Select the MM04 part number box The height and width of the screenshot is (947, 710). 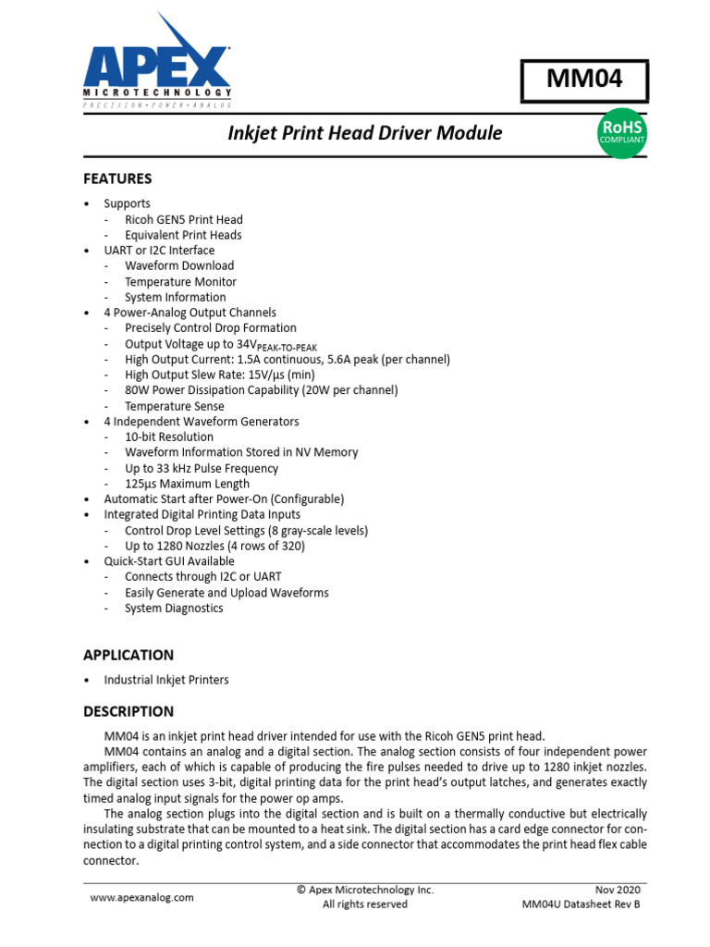[x=584, y=80]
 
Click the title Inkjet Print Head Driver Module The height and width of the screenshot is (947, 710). [x=365, y=133]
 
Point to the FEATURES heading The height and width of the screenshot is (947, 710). [x=117, y=178]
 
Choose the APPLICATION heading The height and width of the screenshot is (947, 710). [x=129, y=655]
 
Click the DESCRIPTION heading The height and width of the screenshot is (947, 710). [x=129, y=711]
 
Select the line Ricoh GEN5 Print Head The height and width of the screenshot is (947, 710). [x=184, y=219]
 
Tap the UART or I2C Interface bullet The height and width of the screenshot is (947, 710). [x=159, y=251]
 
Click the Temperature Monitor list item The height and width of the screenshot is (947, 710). [x=180, y=281]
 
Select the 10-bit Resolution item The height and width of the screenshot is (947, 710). [x=169, y=437]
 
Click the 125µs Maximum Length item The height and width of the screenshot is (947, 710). [x=187, y=484]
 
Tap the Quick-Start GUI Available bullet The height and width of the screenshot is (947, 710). [x=169, y=561]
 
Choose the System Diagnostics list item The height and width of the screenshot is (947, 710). [x=174, y=608]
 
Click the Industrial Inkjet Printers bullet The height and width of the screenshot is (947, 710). [x=166, y=680]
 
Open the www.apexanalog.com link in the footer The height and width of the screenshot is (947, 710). [x=141, y=897]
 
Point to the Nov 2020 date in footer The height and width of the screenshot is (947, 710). [x=613, y=889]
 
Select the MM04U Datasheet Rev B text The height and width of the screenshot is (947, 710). [x=581, y=904]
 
